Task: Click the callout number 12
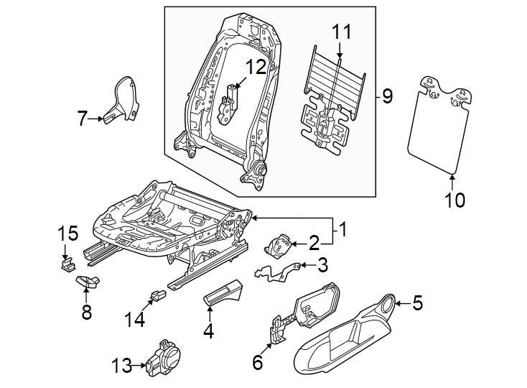255,67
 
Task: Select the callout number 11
342,32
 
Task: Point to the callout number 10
455,199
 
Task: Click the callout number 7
82,119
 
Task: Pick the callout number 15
67,234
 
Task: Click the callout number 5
416,304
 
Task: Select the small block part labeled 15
66,263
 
